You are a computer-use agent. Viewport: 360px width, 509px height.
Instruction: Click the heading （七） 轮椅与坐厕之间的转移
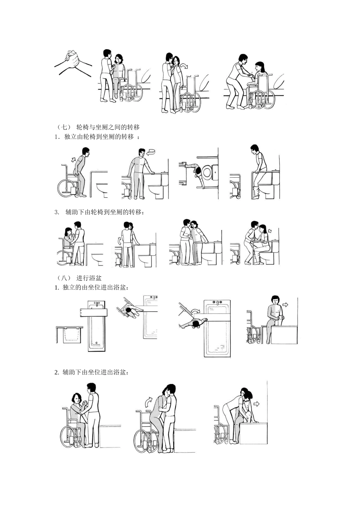tap(97, 127)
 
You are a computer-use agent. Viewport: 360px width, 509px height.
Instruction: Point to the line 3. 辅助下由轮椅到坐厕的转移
tap(99, 212)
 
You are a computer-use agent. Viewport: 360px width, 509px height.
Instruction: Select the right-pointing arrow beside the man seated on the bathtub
tap(285, 304)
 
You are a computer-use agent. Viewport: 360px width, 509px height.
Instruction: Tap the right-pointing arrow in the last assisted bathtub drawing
tap(256, 404)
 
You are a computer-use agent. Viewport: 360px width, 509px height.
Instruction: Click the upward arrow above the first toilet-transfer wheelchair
tap(74, 160)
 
